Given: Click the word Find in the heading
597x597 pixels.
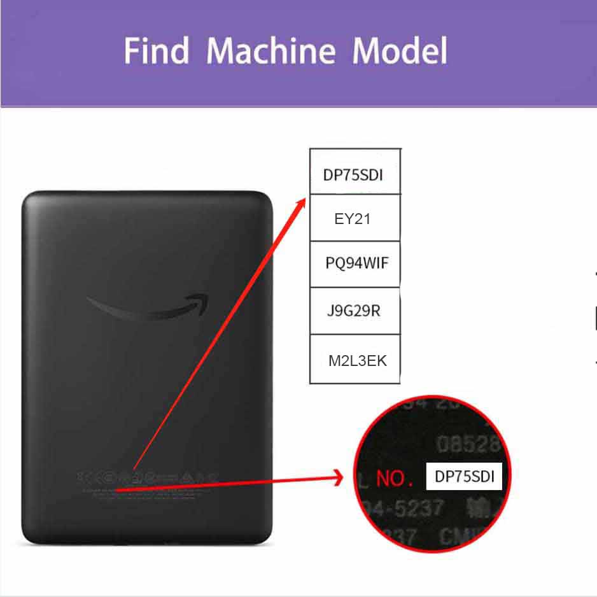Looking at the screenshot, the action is (157, 51).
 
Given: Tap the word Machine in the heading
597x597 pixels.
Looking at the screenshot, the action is (271, 51).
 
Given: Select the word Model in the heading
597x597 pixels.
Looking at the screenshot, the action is (400, 51).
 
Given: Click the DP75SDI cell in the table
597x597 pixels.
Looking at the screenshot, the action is (354, 174).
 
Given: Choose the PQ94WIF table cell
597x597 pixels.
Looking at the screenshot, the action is (356, 263).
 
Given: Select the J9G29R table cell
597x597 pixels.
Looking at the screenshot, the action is (353, 311).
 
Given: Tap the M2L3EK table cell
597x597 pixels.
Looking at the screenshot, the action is (357, 361).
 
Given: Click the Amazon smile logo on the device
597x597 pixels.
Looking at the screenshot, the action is (148, 307).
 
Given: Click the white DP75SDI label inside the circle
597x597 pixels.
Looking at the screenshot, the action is (464, 477).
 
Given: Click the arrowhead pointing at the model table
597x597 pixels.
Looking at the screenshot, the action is (301, 202).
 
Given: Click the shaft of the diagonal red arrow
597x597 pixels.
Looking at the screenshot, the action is (216, 337).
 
